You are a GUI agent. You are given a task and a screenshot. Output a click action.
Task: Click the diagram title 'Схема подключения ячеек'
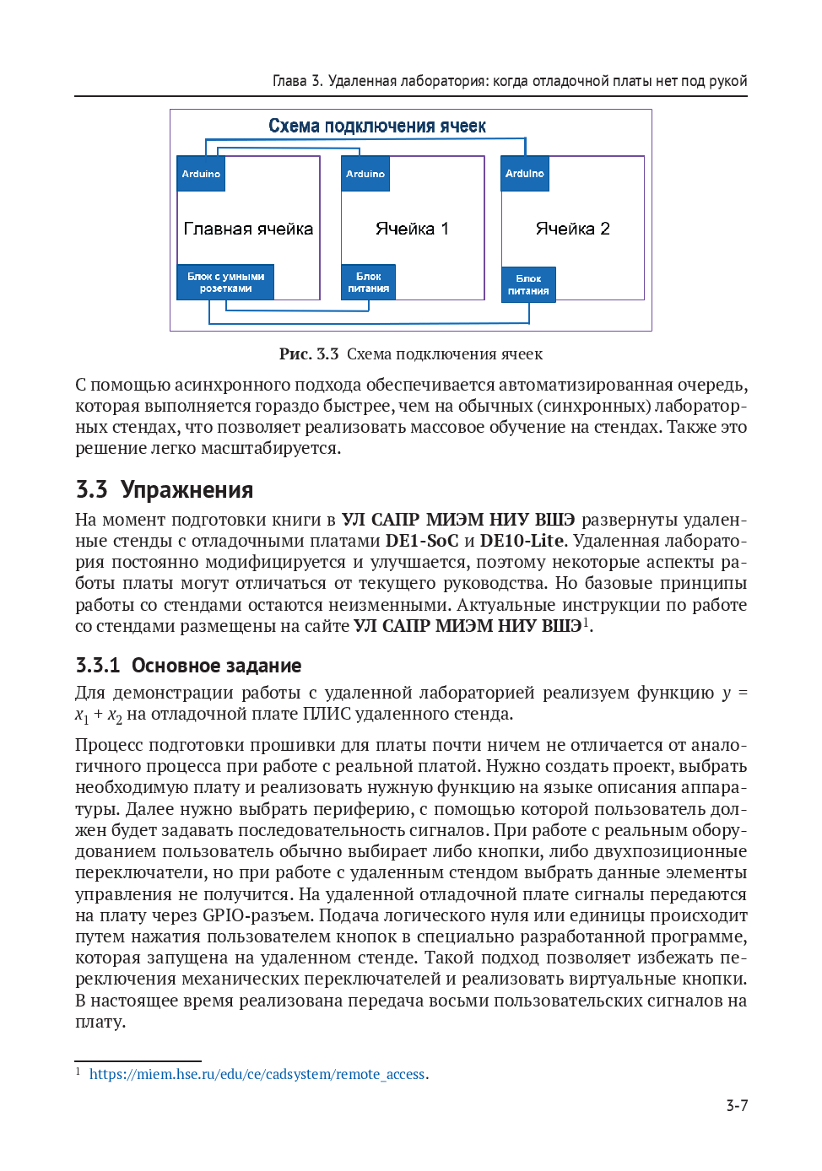377,127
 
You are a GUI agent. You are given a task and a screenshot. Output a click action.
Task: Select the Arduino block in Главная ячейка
201,174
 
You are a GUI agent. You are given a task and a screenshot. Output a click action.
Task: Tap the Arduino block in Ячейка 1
365,174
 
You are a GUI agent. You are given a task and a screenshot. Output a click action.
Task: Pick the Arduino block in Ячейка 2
525,174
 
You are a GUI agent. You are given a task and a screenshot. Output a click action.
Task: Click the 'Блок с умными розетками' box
225,283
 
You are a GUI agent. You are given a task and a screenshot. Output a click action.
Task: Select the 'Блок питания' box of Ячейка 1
369,283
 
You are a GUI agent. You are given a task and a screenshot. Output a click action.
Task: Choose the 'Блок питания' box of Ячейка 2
528,284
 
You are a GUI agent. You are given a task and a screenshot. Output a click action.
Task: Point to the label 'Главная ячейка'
248,229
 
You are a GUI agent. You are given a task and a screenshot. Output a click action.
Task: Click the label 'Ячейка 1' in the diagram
412,229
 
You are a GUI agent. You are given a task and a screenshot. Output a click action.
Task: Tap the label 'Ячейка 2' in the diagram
572,229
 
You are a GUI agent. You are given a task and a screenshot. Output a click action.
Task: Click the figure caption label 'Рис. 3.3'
309,354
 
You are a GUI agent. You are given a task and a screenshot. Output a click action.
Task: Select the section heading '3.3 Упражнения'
165,490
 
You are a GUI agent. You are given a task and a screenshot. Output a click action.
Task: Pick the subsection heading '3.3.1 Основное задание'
188,666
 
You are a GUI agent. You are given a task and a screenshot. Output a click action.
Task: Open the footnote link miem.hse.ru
257,1074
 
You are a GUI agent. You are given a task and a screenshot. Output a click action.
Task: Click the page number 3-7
737,1106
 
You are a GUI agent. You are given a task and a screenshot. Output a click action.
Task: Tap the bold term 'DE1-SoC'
422,541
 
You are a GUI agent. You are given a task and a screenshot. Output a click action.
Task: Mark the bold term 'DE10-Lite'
522,541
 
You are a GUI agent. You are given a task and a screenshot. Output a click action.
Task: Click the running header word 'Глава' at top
289,81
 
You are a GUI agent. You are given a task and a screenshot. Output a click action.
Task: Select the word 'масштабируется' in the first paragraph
271,448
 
